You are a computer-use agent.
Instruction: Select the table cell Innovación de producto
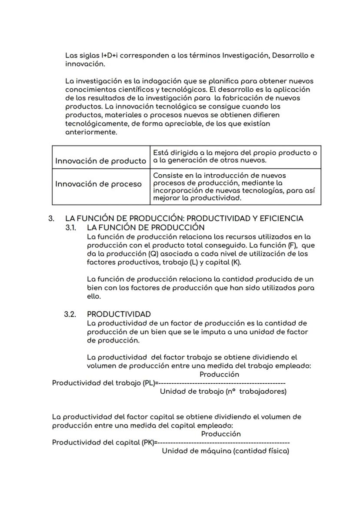(100, 161)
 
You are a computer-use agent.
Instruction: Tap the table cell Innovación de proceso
(98, 184)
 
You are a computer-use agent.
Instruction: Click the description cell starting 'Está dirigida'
(235, 156)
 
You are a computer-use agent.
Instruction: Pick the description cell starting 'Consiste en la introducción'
(235, 187)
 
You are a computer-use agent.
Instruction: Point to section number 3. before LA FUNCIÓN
(51, 218)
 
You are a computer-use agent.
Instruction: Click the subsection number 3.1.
(71, 227)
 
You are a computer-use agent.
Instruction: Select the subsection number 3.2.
(71, 314)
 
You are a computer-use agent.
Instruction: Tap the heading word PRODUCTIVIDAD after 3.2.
(119, 314)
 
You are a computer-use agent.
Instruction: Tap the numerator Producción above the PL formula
(219, 374)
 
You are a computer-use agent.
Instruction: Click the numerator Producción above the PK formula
(221, 434)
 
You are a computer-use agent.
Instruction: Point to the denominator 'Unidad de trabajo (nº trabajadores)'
(223, 392)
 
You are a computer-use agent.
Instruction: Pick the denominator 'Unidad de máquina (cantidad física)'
(225, 451)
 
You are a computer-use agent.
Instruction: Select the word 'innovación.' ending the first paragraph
(85, 64)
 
